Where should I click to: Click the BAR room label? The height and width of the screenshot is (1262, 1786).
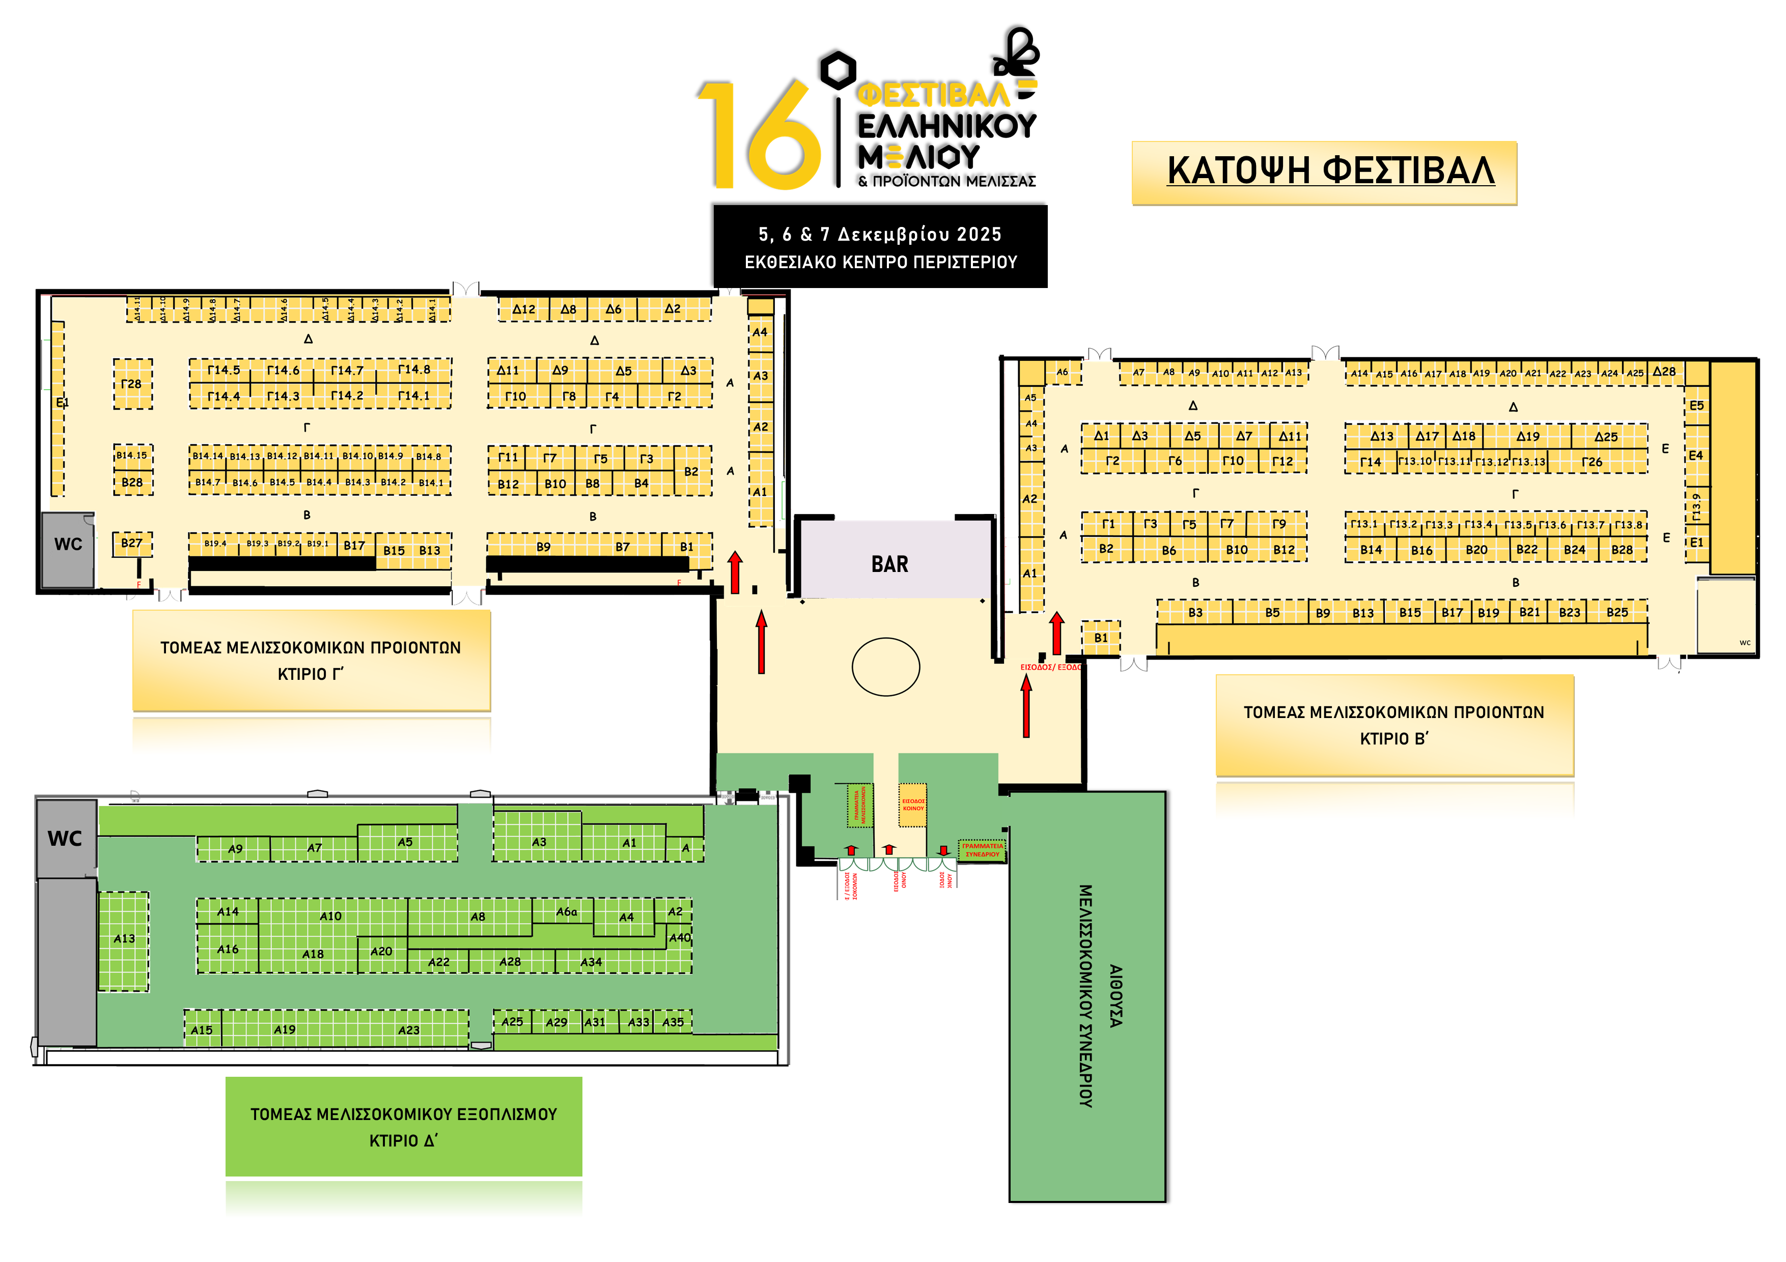tap(889, 564)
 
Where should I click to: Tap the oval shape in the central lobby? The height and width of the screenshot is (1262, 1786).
tap(885, 667)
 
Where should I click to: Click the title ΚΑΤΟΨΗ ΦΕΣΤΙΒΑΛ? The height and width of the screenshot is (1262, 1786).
tap(1330, 171)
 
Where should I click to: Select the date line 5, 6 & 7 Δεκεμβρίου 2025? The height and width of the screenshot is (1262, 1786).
tap(880, 234)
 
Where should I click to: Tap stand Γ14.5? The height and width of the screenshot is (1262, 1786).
tap(223, 370)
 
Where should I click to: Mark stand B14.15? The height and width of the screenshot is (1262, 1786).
tap(131, 455)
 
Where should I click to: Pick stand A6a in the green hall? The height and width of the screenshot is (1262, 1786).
tap(566, 911)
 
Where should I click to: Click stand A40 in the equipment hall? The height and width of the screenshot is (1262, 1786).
tap(680, 938)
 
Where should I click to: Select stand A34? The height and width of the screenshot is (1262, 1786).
tap(591, 962)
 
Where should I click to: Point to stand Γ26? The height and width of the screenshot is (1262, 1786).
tap(1592, 462)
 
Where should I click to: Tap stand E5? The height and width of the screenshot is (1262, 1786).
tap(1696, 405)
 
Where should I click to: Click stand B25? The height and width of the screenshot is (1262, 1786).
tap(1617, 612)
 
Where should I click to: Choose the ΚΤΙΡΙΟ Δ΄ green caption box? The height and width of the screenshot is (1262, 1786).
tap(404, 1127)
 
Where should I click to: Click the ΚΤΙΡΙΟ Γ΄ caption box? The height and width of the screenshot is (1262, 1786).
tap(311, 660)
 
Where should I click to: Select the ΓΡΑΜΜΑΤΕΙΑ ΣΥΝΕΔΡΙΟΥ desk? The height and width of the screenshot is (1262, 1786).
tap(982, 850)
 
